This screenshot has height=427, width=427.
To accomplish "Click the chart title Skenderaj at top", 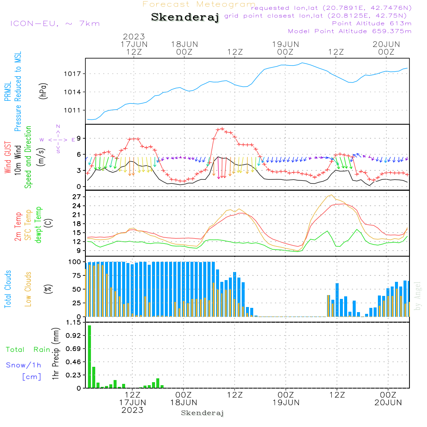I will pyautogui.click(x=185, y=17).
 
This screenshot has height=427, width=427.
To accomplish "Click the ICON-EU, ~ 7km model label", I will pyautogui.click(x=55, y=23).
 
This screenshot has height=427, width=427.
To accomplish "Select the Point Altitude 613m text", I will pyautogui.click(x=371, y=23).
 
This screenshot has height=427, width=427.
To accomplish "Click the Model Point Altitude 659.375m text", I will pyautogui.click(x=349, y=31).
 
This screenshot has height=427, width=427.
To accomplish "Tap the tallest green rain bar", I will pyautogui.click(x=90, y=357).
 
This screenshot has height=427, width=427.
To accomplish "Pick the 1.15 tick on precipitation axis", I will pyautogui.click(x=73, y=322).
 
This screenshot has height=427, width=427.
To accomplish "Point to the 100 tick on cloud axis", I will pyautogui.click(x=75, y=262).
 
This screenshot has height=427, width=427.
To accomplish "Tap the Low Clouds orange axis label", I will pyautogui.click(x=28, y=289).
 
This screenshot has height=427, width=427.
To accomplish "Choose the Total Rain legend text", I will pyautogui.click(x=28, y=350).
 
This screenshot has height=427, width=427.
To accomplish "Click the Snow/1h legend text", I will pyautogui.click(x=23, y=365).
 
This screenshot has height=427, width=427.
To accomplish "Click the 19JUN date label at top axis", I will pyautogui.click(x=285, y=44).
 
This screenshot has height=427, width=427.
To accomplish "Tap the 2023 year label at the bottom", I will pyautogui.click(x=132, y=410).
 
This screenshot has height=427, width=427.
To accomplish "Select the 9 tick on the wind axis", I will pyautogui.click(x=79, y=138).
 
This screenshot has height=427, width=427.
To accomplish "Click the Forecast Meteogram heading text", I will pyautogui.click(x=199, y=4).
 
